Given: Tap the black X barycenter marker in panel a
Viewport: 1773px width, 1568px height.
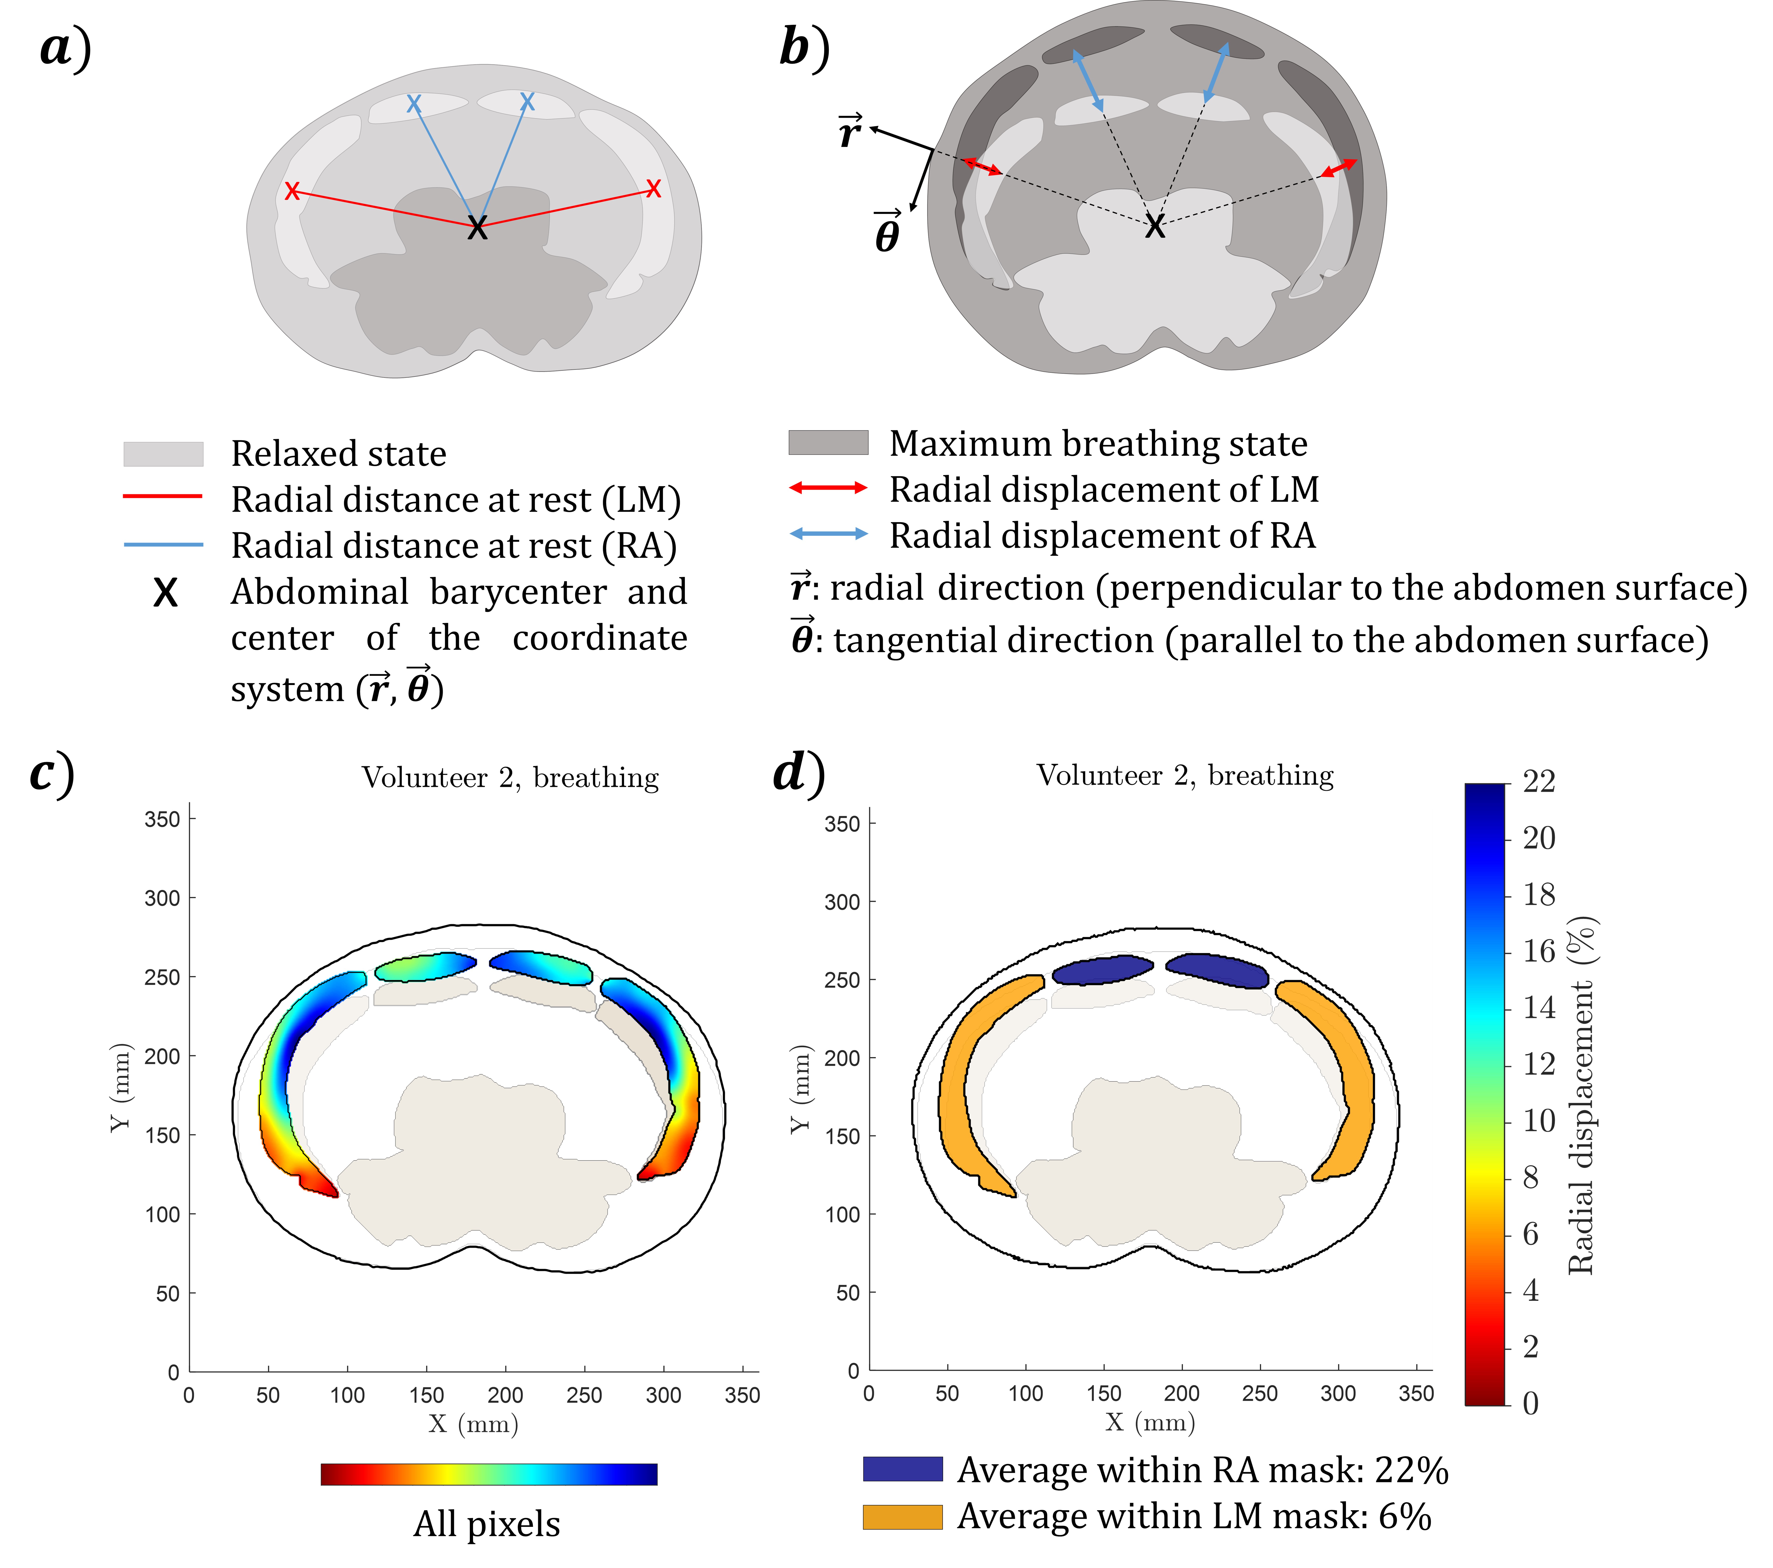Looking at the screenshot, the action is pyautogui.click(x=477, y=228).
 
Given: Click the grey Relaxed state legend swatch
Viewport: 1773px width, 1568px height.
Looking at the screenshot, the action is pyautogui.click(x=163, y=454).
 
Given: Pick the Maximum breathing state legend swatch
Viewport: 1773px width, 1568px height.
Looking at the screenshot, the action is pyautogui.click(x=828, y=442).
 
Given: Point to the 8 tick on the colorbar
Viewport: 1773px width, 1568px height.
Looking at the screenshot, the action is pyautogui.click(x=1531, y=1177).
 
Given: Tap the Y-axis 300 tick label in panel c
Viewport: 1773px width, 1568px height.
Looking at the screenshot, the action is pyautogui.click(x=162, y=898).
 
